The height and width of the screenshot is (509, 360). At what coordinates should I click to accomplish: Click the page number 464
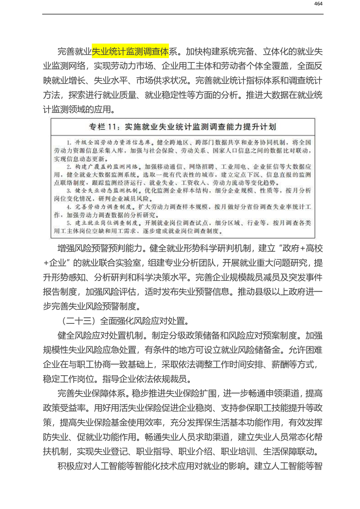pyautogui.click(x=318, y=4)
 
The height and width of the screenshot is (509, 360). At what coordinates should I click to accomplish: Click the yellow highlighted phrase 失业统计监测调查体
pyautogui.click(x=131, y=50)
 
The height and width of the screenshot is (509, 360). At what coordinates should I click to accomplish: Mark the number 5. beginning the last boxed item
pyautogui.click(x=69, y=223)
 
